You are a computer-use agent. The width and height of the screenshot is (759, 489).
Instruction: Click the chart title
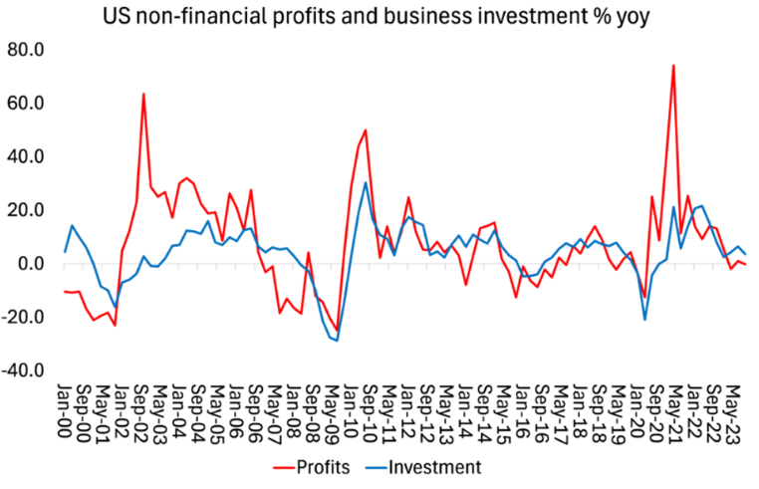click(379, 17)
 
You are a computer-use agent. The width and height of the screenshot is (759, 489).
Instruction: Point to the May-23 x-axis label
click(736, 408)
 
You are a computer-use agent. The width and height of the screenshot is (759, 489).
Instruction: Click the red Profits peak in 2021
click(674, 66)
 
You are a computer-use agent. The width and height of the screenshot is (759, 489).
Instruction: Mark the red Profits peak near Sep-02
click(143, 94)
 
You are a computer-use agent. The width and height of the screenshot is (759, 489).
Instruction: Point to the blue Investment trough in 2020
click(645, 319)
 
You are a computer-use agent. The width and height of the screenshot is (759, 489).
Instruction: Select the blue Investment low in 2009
click(337, 341)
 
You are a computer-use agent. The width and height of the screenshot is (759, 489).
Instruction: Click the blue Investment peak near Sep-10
click(366, 182)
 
